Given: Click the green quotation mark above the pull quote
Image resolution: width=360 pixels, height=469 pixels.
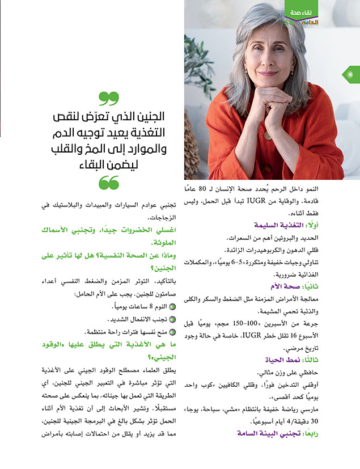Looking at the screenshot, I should pyautogui.click(x=109, y=98).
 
